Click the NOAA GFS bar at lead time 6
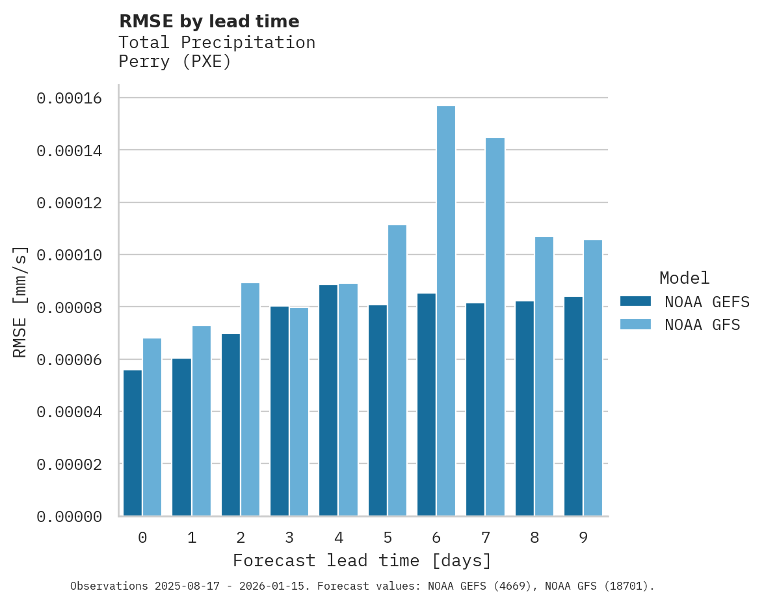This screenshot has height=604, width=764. [446, 311]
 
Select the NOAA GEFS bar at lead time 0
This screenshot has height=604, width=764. [133, 443]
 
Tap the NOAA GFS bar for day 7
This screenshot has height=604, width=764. [495, 327]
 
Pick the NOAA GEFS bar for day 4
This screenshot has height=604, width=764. [328, 400]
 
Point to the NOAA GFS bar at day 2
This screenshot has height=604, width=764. [250, 400]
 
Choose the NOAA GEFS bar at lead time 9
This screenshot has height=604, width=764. [573, 406]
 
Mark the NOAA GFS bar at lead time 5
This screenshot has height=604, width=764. [397, 370]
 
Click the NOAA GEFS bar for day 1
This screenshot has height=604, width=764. [181, 437]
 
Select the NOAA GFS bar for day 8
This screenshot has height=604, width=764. [544, 376]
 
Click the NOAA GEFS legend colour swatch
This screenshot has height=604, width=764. [635, 301]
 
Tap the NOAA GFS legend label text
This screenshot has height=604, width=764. [702, 324]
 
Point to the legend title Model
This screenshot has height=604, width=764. [684, 278]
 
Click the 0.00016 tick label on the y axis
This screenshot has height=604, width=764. [70, 98]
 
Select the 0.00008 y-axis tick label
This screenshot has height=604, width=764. [70, 307]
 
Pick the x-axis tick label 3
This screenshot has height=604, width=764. [289, 538]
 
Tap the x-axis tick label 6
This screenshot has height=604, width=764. [436, 538]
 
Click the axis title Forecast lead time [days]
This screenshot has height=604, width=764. [362, 560]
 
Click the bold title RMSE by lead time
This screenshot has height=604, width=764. [209, 21]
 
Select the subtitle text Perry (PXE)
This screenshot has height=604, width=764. [175, 62]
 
